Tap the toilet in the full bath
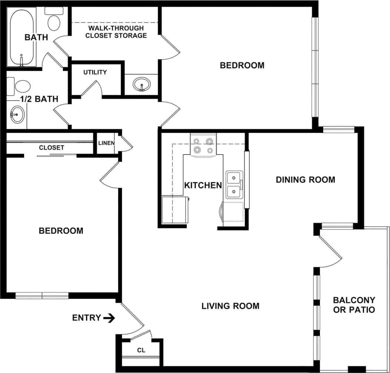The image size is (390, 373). [54, 20]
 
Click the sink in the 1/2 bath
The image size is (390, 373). [17, 114]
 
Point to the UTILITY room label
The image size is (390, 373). [95, 72]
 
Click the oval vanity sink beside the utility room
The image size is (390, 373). [141, 84]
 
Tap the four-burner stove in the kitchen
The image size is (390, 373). [203, 145]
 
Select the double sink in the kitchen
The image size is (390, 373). [234, 184]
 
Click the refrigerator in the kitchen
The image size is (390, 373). [174, 210]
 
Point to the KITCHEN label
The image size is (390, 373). [203, 185]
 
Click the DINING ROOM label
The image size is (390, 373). [305, 180]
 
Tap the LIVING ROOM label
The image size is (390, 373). [230, 306]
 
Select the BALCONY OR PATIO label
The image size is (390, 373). [354, 305]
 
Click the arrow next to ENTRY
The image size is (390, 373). [109, 318]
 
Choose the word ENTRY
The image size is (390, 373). [86, 318]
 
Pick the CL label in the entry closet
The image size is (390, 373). [141, 350]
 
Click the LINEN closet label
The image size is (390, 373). [106, 143]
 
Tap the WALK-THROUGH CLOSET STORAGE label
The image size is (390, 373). [116, 32]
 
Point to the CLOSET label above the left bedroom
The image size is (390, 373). [51, 147]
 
